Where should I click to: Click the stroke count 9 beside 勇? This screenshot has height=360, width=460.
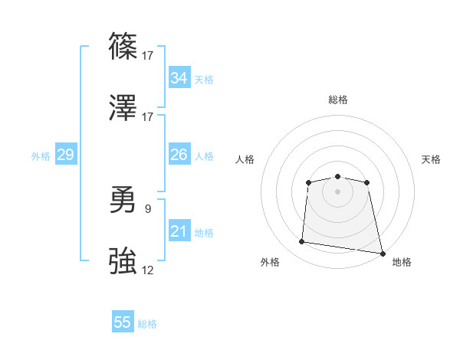[x=148, y=207]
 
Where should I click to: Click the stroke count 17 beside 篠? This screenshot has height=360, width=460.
[x=148, y=55]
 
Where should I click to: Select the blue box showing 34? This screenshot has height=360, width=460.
[x=179, y=78]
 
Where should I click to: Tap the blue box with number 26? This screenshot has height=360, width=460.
[x=179, y=155]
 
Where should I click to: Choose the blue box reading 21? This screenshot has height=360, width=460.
[x=179, y=231]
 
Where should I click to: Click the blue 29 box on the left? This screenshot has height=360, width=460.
[x=65, y=155]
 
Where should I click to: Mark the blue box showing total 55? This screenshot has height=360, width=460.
[x=123, y=322]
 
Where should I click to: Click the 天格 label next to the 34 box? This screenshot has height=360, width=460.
[x=204, y=80]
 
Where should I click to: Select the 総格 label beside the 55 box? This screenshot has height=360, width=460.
[x=148, y=324]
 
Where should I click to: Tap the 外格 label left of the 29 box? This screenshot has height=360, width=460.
[x=41, y=156]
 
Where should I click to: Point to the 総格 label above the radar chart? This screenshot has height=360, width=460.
[x=337, y=100]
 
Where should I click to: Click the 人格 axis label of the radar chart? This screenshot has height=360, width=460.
[x=245, y=159]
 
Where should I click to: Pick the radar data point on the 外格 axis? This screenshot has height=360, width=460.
[x=302, y=242]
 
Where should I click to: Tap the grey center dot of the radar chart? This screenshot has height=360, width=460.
[x=337, y=191]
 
